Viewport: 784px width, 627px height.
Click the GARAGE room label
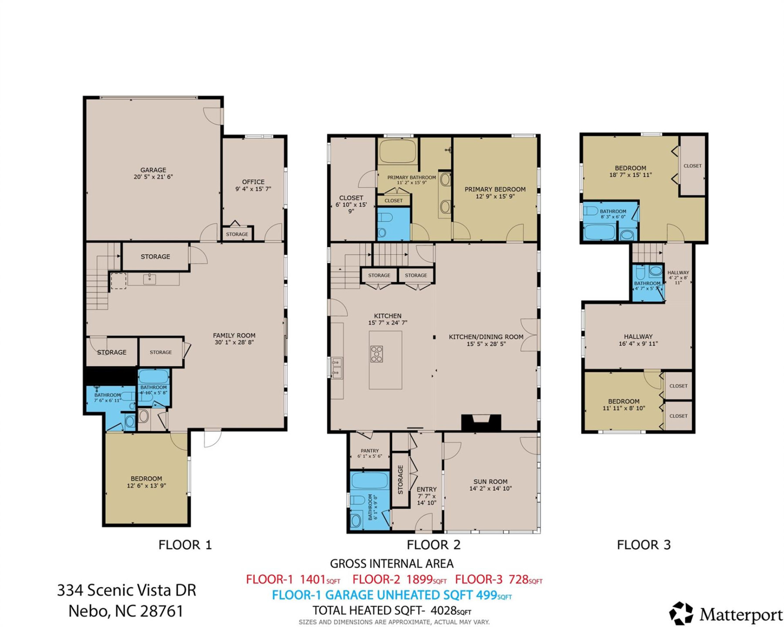tap(153, 170)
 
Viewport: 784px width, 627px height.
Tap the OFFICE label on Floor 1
tap(253, 182)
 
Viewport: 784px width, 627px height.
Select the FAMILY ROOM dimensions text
tap(234, 342)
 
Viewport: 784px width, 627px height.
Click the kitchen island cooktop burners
tap(376, 354)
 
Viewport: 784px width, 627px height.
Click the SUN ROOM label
tap(490, 482)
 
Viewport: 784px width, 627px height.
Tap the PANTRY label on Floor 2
tap(370, 451)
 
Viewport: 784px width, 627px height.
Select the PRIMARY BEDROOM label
tap(495, 189)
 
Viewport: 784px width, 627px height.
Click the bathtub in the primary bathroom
tap(397, 151)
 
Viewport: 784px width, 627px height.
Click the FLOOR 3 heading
tap(643, 545)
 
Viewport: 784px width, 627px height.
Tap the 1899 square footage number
tap(419, 580)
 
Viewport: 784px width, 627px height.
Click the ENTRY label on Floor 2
tap(426, 489)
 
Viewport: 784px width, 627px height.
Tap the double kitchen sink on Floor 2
tap(336, 367)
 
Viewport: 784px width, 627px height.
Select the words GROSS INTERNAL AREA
tap(392, 563)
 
